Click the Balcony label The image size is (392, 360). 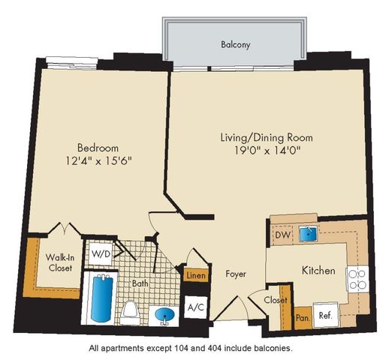point(235,45)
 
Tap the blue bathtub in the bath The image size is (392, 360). point(101,298)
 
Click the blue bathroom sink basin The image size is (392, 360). point(164,316)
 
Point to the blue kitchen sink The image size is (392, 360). point(308,234)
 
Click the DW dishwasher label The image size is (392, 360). point(282,235)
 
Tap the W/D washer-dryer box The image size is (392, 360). point(101,254)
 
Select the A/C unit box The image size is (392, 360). point(196,307)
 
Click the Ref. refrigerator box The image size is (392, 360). point(325,316)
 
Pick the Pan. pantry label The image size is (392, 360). point(303,318)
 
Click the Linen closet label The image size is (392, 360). point(196,276)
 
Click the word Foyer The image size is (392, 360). point(236,274)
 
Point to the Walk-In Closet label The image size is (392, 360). point(60,262)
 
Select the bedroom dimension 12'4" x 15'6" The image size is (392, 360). point(98,160)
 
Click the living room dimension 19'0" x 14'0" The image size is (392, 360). point(267,151)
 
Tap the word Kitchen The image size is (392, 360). point(318,271)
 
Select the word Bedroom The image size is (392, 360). point(98,148)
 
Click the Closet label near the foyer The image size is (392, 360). point(276,300)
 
